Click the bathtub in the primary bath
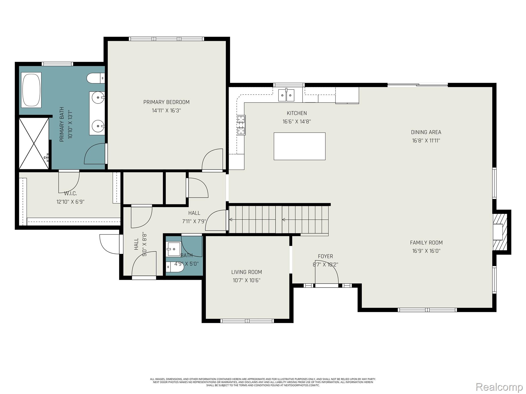tap(31, 90)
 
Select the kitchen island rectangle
tap(299, 146)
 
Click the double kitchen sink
tap(286, 95)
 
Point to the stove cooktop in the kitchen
tap(241, 125)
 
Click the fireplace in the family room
tap(500, 232)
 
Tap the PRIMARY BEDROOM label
tap(166, 102)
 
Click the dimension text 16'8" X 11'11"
tap(426, 141)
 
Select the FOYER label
tap(325, 256)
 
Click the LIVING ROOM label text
tap(247, 272)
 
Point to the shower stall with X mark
tap(34, 143)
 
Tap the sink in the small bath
tap(173, 249)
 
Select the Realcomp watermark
tap(499, 387)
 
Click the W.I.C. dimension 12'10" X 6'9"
tap(70, 202)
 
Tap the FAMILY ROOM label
tap(426, 242)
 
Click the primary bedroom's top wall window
tap(166, 39)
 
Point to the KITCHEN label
tap(297, 113)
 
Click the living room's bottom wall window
tap(247, 321)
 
